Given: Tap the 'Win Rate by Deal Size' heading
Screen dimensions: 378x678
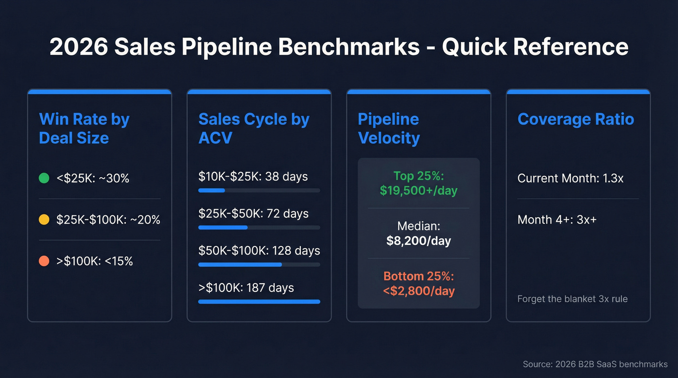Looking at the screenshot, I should coord(84,128).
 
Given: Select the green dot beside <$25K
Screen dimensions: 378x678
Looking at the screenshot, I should coord(44,179).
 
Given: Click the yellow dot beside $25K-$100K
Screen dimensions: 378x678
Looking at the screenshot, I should coord(44,220).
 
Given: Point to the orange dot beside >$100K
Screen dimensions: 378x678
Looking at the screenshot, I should coord(44,261).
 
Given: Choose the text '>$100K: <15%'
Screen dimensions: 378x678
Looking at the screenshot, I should coord(94,261).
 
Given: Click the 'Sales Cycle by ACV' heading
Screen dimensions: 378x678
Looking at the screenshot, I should coord(253,128).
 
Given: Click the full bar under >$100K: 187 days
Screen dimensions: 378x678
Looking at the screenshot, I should coord(259,302).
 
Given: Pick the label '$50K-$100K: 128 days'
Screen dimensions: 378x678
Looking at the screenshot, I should coord(259,251).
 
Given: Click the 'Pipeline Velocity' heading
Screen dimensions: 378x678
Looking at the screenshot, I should coord(388,128).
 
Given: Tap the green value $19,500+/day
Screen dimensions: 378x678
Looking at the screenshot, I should coord(418,191).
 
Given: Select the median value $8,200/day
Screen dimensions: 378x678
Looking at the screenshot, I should coord(418,241).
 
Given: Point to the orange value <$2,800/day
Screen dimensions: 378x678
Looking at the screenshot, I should coord(418,291).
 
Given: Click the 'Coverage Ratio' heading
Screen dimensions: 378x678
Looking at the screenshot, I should coord(575,119).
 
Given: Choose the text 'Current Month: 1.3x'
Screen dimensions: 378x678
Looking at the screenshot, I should coord(570,178).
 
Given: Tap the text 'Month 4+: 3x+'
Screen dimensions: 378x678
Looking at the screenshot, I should coord(557,220).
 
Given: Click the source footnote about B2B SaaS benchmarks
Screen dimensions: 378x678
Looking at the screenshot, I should coord(595,364).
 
